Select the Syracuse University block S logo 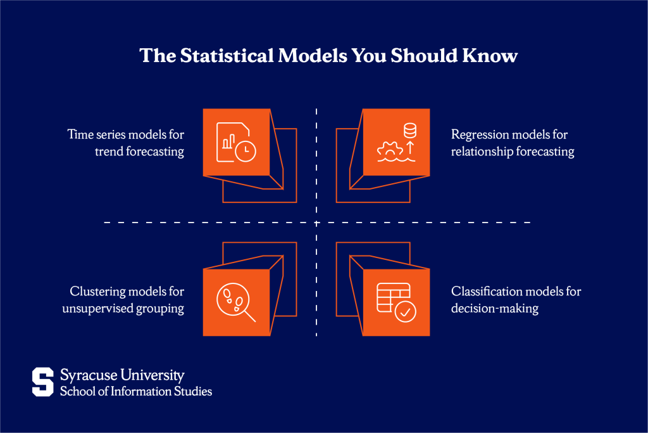tap(43, 382)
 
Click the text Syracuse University tap(122, 375)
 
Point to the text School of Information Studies tap(136, 391)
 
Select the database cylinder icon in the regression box tap(410, 131)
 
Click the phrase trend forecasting tap(140, 152)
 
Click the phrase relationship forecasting tap(513, 152)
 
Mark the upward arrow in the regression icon tap(409, 148)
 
